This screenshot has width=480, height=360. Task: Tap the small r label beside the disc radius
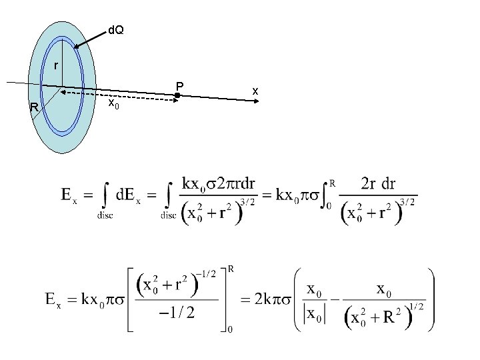pos(56,65)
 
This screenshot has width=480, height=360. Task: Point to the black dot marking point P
pos(177,96)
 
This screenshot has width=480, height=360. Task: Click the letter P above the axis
pos(179,85)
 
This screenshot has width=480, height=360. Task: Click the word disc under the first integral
pos(105,215)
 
